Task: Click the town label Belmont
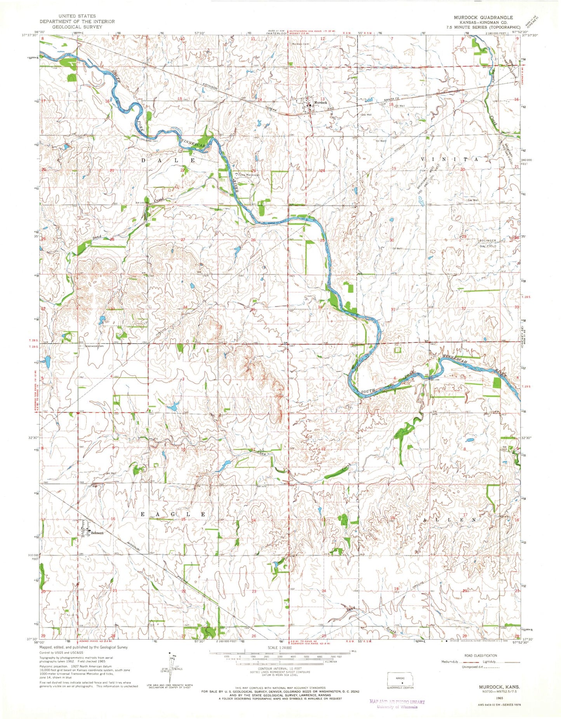tap(97, 533)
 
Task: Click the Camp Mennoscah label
tap(249, 175)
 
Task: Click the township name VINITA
tap(448, 160)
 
